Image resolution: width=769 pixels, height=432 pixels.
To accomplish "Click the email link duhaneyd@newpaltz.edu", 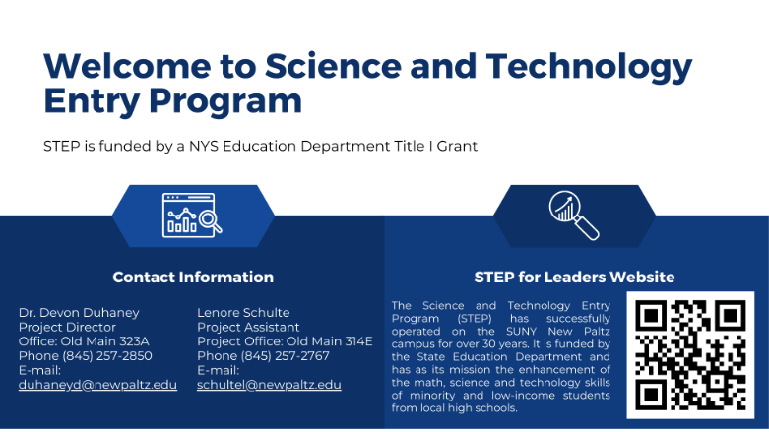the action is tap(97, 385).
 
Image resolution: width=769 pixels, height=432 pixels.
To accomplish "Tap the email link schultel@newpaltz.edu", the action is tap(269, 385).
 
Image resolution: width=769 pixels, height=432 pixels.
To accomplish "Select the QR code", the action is tap(690, 355).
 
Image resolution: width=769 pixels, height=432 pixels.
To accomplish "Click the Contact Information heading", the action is tap(193, 278).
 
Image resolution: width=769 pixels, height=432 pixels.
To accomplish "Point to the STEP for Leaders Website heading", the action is tap(574, 278).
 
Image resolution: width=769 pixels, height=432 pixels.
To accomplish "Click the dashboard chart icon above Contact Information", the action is tap(192, 216).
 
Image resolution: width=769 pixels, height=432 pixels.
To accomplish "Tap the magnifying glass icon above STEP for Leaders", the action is tap(574, 216).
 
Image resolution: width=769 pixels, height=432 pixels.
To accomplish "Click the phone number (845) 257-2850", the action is tap(107, 356).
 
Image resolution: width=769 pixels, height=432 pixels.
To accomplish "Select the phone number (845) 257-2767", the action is tap(285, 356).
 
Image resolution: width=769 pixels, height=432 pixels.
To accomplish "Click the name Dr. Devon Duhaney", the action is tap(79, 312).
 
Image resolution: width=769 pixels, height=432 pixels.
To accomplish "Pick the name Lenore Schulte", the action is tap(243, 312).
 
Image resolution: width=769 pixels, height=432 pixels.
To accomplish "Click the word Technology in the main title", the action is tap(589, 67).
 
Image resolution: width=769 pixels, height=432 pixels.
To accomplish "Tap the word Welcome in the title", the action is tap(127, 66).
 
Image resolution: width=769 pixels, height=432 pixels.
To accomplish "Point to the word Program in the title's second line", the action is tap(225, 101).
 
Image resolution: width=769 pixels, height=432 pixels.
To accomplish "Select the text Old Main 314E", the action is tap(329, 341).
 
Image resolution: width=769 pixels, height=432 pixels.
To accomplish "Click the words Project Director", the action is tap(67, 327).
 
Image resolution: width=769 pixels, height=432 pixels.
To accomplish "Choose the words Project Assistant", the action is tap(248, 327).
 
